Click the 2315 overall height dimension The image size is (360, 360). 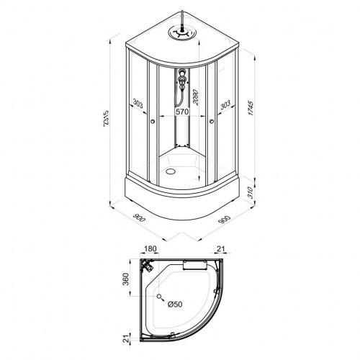(x=106, y=119)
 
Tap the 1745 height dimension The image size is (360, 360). (x=251, y=109)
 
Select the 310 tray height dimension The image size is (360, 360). (x=251, y=192)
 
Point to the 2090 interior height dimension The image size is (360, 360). (x=195, y=97)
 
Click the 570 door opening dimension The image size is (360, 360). (x=182, y=112)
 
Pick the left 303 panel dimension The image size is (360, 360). (x=138, y=104)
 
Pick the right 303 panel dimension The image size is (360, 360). (x=225, y=105)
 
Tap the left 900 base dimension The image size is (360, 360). (x=140, y=217)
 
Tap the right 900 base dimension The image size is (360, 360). (x=225, y=220)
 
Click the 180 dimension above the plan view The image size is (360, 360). (x=150, y=249)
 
